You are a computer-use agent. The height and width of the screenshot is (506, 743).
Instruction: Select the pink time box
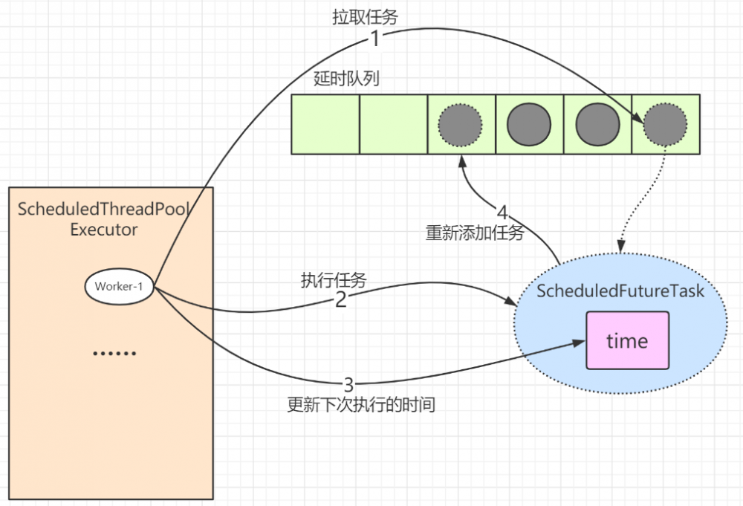pos(627,341)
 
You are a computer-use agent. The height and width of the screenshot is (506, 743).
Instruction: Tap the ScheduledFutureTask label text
pos(620,291)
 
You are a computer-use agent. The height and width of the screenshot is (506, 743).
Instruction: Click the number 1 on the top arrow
pos(375,39)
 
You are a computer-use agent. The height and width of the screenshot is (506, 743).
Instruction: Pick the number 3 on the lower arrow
pos(349,385)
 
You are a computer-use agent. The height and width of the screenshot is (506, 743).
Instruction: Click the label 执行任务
pos(334,279)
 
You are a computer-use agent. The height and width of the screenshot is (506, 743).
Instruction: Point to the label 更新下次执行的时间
pos(360,406)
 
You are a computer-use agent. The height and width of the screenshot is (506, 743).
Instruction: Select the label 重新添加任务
pos(475,233)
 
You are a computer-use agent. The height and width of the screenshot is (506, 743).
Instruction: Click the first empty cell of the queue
pos(325,124)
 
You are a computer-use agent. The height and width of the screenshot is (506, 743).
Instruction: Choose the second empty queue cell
pos(394,124)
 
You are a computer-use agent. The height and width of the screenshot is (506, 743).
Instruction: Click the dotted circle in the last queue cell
pos(665,124)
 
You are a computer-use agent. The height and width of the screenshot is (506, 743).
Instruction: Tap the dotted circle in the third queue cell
pos(461,124)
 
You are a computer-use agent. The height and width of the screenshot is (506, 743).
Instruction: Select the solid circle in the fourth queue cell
pos(529,124)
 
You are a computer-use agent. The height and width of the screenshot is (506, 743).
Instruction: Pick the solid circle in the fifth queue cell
pos(597,124)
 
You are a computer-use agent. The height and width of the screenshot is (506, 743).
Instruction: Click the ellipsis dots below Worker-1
pos(114,353)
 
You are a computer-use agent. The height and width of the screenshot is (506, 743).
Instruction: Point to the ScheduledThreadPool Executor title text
pos(104,219)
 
